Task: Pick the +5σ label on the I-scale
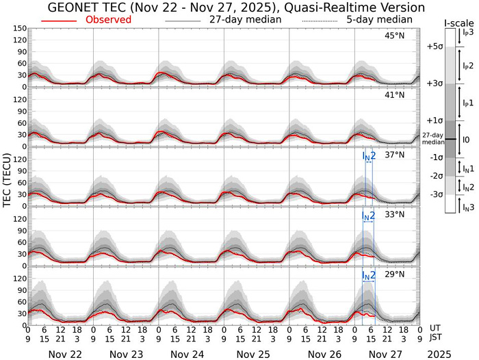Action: click(433, 47)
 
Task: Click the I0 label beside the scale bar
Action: click(465, 139)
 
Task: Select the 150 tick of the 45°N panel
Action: click(20, 29)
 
